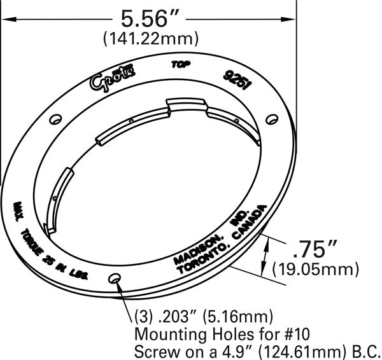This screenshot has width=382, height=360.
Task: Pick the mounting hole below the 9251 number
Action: click(271, 118)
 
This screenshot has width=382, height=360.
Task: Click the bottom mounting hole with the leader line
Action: click(115, 279)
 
